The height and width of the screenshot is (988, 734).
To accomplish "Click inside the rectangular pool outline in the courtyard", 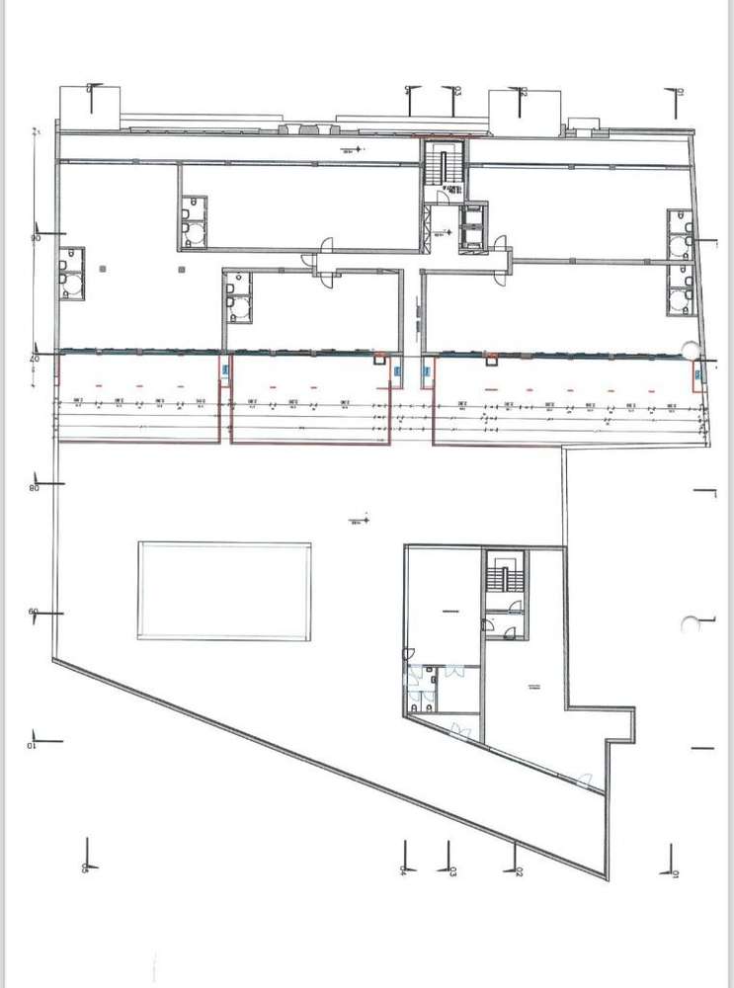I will (224, 590).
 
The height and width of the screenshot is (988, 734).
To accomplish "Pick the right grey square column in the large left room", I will (180, 268).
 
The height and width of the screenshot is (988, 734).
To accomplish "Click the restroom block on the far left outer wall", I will (71, 273).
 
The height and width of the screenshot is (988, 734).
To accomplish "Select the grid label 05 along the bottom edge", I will (86, 866).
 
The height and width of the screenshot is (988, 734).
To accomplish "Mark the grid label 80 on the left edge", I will (34, 488).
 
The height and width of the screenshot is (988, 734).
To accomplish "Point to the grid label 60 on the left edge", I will (33, 612).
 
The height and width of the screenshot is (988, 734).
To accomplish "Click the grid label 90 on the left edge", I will (34, 238).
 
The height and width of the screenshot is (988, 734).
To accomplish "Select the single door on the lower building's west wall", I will (407, 652).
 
